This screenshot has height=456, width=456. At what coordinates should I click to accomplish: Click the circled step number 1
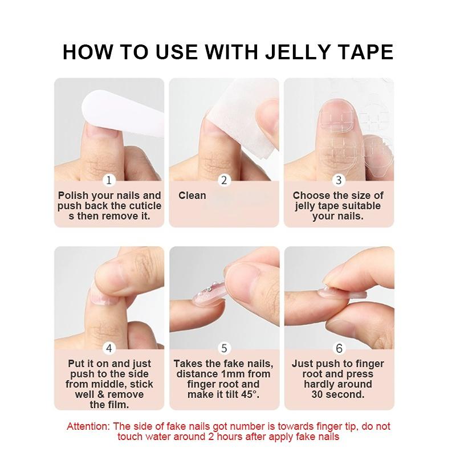point(109,180)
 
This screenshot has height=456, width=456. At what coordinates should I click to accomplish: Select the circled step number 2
point(224,180)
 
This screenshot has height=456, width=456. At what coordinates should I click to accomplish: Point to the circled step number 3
point(339,180)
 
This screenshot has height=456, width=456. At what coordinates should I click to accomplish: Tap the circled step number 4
point(109,348)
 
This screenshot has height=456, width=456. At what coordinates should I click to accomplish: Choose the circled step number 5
point(224,348)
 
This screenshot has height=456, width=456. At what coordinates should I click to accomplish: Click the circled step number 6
point(339,348)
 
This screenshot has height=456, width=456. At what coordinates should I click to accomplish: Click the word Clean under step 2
point(192,196)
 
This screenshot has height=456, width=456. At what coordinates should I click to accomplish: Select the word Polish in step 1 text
point(72,196)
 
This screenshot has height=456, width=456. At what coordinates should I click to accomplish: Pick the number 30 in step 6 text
point(318,394)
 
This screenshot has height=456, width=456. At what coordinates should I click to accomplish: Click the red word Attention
point(88,426)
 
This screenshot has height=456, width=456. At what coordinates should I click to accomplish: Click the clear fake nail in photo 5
point(208,294)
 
